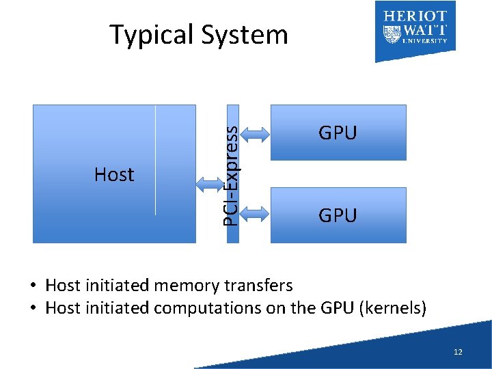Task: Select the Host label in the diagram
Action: coord(114,175)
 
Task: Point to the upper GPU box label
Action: coord(338,133)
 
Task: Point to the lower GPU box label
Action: coord(338,216)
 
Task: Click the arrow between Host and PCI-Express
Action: coord(210,183)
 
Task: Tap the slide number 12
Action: coord(458,352)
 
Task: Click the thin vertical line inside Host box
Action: coord(156,161)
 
